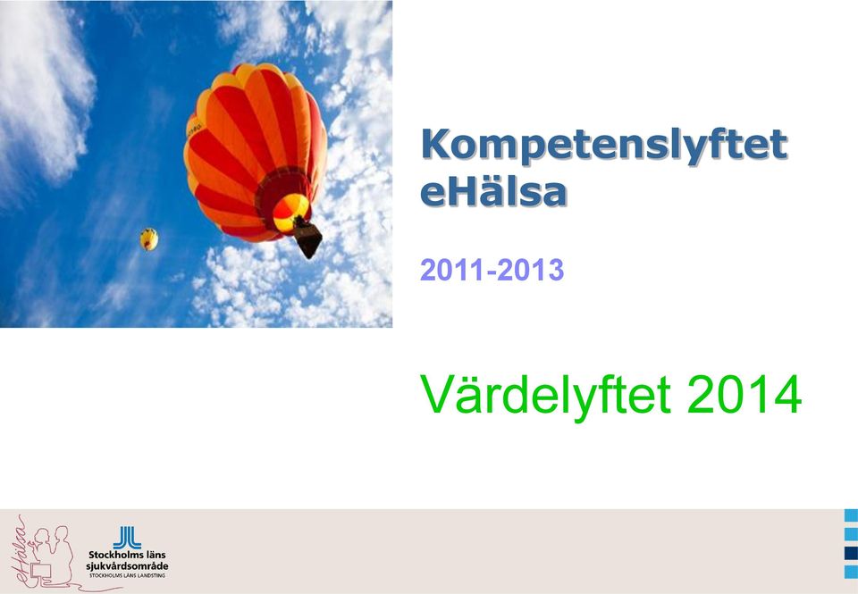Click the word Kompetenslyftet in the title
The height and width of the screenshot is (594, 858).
(x=604, y=146)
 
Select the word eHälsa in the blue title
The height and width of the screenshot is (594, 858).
(x=493, y=192)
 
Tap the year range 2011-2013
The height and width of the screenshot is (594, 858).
(x=492, y=270)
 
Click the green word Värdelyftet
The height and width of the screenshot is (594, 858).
(x=545, y=396)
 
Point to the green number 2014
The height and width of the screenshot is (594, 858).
(x=744, y=395)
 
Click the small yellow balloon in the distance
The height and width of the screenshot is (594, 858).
(x=149, y=239)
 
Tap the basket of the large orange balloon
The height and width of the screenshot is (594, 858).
(x=307, y=238)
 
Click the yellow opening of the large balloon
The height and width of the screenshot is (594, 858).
(x=290, y=213)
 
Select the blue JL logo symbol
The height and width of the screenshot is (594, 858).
(x=127, y=538)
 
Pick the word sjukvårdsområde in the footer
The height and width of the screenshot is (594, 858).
(x=127, y=566)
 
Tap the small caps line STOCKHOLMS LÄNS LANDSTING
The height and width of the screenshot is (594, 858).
(x=127, y=575)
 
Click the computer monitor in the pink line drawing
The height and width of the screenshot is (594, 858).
(x=41, y=572)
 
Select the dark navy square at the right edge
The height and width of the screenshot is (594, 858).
(x=851, y=554)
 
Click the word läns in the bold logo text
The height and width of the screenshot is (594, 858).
(x=155, y=555)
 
